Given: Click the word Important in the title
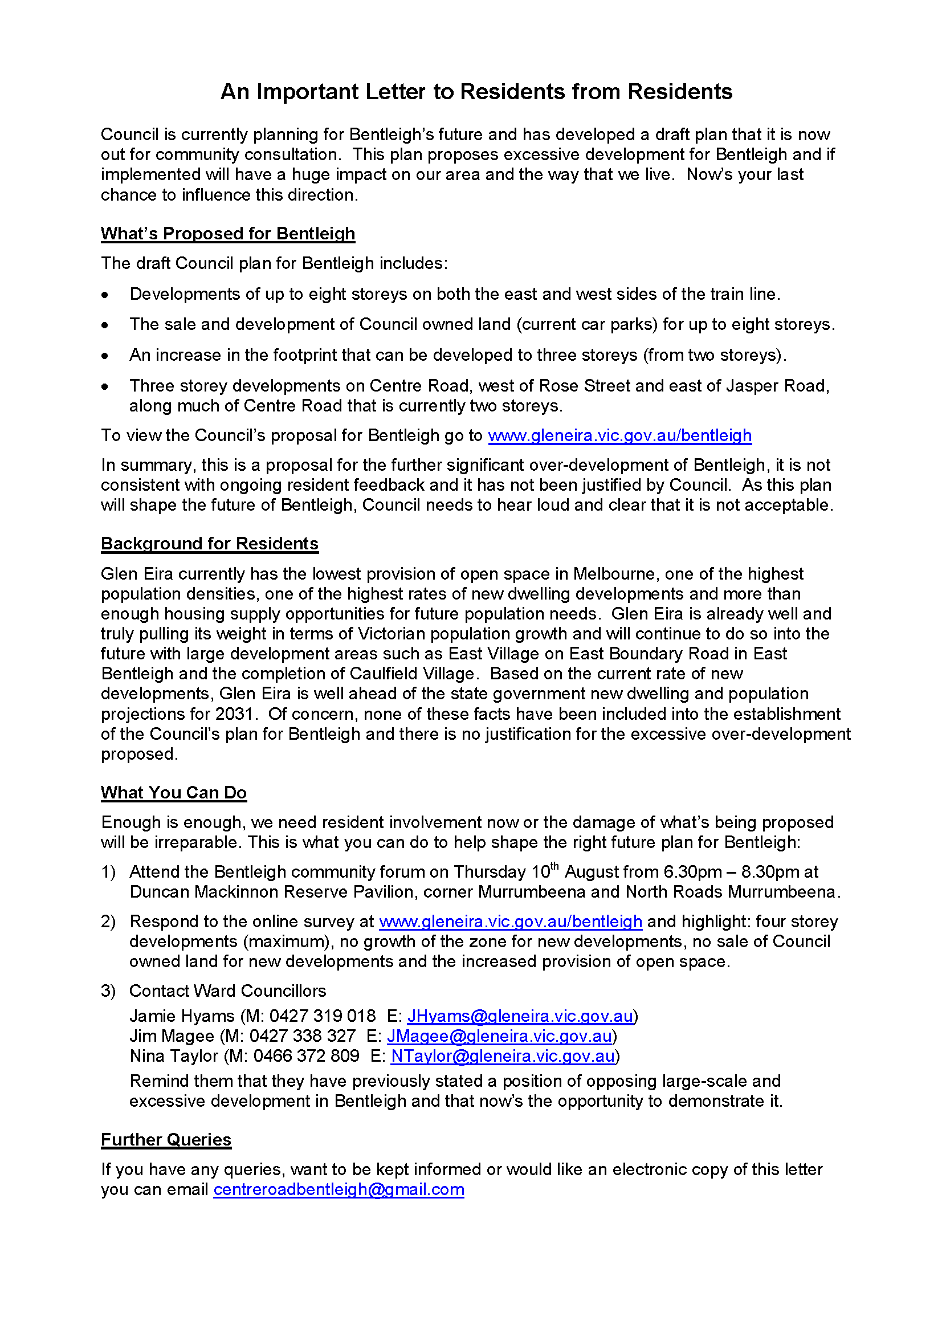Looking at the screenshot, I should [x=308, y=92].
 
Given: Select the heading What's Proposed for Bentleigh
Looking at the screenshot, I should [x=227, y=234].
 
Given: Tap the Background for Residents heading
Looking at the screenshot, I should [x=210, y=544].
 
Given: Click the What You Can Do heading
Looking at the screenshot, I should [x=174, y=793].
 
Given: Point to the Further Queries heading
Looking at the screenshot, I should [x=166, y=1140].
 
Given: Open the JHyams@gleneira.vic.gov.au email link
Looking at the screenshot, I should [x=520, y=1016].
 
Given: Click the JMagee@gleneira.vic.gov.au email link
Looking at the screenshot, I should [x=500, y=1036].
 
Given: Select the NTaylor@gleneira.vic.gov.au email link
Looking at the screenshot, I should [x=503, y=1056].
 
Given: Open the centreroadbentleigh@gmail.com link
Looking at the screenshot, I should [x=339, y=1189].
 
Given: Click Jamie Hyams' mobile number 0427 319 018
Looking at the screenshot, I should [x=322, y=1016].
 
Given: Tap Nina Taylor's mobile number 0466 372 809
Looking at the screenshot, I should [x=307, y=1056].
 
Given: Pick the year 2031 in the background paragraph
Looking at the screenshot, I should [x=234, y=714].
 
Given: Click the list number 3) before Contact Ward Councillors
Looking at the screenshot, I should [x=108, y=991].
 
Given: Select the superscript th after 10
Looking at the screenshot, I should [x=554, y=866].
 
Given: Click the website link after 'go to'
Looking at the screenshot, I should [x=619, y=435].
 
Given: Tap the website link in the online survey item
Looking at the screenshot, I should [x=510, y=922].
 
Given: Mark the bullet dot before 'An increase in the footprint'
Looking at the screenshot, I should [x=104, y=356].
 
